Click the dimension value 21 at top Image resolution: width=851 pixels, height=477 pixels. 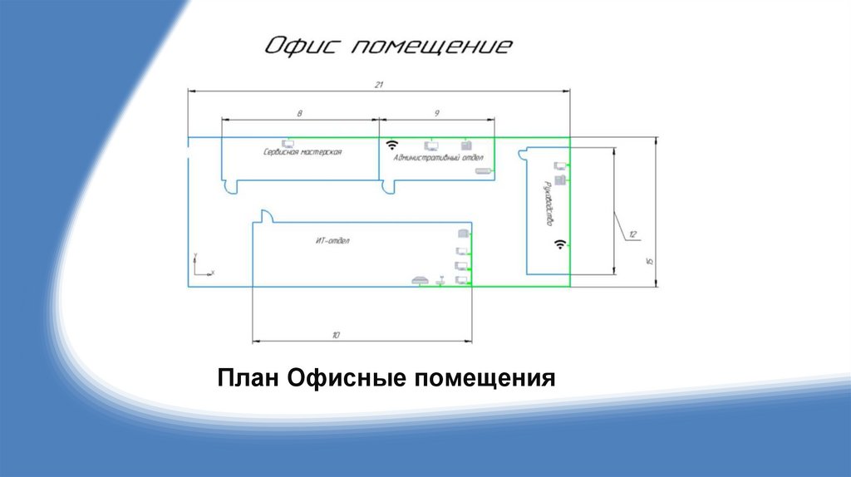tap(378, 85)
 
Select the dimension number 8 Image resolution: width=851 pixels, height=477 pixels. tap(299, 111)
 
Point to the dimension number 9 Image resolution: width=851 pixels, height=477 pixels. tap(436, 111)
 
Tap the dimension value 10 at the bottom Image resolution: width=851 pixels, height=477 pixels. tap(336, 335)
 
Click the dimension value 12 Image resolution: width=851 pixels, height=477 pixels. tap(632, 234)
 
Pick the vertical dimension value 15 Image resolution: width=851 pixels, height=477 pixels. tap(650, 261)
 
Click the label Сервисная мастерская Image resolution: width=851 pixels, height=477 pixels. tap(303, 152)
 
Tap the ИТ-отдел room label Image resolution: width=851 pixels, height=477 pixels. tap(332, 241)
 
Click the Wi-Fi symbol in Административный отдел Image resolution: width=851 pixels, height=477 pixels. tap(393, 144)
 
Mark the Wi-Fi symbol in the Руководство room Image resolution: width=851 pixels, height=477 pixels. tap(561, 244)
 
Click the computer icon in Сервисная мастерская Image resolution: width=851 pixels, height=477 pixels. tap(288, 144)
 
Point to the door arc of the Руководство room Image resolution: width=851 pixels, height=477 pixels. tap(524, 154)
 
